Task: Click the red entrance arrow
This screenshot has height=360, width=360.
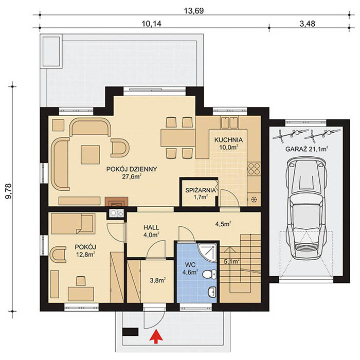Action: (x=156, y=336)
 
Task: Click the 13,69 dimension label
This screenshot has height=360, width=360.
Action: (x=194, y=11)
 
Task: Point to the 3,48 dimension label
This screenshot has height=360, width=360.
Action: (x=307, y=24)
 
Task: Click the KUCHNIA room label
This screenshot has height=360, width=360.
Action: (x=228, y=140)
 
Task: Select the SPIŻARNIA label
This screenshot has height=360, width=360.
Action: (x=201, y=190)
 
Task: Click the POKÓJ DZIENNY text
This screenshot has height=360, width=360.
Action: (x=132, y=169)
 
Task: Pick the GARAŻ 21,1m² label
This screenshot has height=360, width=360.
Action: (x=307, y=149)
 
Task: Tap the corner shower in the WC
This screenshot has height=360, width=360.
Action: (x=207, y=253)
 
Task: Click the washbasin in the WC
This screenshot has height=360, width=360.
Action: (x=212, y=292)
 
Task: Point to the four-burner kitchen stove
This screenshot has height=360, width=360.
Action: (x=254, y=169)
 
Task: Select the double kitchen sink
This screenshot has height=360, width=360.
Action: (x=229, y=122)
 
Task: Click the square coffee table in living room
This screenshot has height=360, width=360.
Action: (x=90, y=154)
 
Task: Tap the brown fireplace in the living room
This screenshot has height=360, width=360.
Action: (x=117, y=202)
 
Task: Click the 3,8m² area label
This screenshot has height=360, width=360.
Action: (x=158, y=280)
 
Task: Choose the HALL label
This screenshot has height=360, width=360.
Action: (x=151, y=227)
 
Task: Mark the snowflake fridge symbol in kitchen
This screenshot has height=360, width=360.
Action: (x=254, y=200)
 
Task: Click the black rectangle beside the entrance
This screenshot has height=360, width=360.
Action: (x=131, y=332)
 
